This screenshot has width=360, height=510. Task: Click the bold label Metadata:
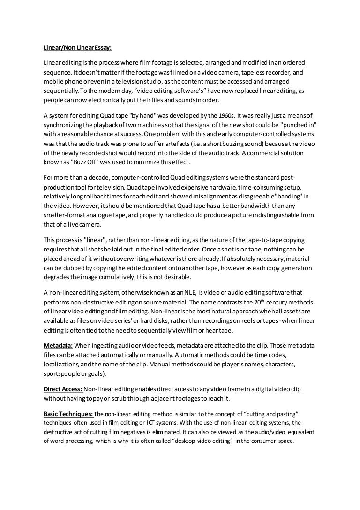coord(58,346)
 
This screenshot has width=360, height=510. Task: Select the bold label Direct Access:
coord(63,389)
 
